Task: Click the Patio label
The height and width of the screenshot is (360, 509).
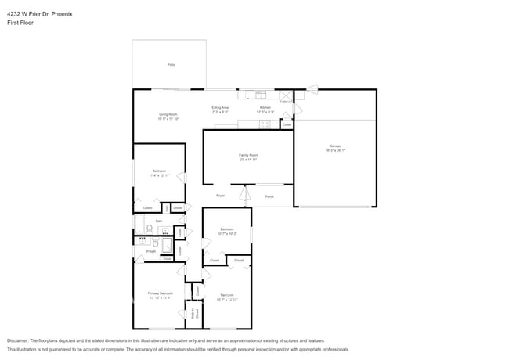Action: click(171, 64)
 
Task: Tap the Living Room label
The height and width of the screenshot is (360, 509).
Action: click(168, 115)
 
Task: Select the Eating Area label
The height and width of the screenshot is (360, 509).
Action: click(220, 107)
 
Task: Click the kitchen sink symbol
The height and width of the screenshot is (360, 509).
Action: click(262, 96)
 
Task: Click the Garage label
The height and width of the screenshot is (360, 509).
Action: click(334, 146)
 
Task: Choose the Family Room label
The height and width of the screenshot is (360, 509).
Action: click(248, 155)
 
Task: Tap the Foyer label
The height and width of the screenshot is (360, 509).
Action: click(221, 196)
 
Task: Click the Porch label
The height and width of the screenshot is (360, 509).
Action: click(269, 196)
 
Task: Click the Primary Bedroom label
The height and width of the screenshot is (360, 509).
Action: click(160, 293)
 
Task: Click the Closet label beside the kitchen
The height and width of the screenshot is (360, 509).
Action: click(287, 124)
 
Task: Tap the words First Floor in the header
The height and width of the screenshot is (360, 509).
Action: click(20, 23)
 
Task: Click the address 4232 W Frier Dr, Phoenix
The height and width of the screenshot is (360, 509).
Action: click(40, 13)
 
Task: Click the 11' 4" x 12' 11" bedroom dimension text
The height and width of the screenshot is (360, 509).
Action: click(160, 175)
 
